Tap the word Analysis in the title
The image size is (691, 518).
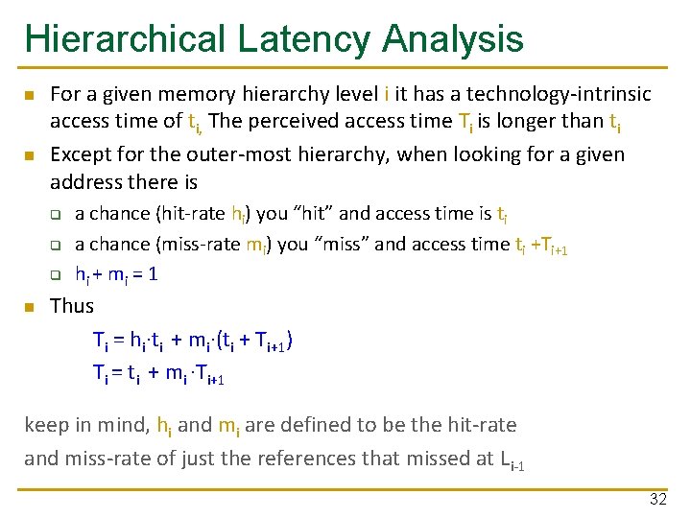[x=453, y=39]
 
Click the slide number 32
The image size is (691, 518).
[x=657, y=499]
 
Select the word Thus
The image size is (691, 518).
[x=72, y=306]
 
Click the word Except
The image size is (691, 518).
[x=80, y=154]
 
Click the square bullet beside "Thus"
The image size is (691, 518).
[x=30, y=307]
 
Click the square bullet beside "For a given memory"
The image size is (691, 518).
[x=30, y=95]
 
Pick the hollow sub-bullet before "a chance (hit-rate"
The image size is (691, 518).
[x=56, y=214]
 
